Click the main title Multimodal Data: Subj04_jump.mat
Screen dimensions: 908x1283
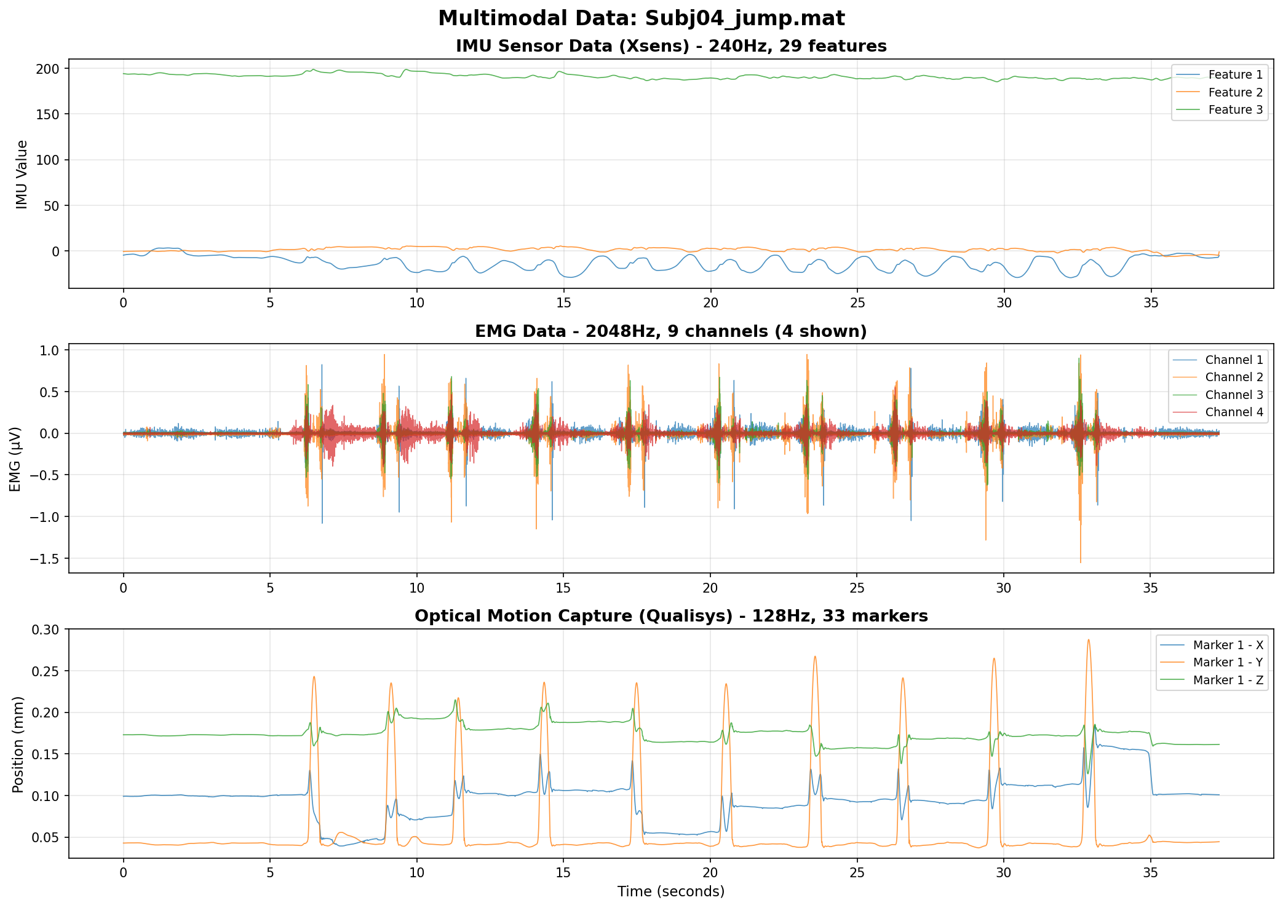641,18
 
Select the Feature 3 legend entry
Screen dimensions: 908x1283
1235,110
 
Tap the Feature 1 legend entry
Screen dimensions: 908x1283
1235,75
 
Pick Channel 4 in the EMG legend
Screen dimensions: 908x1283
1234,413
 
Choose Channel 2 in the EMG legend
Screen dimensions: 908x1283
1234,377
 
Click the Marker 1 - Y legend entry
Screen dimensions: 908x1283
1228,663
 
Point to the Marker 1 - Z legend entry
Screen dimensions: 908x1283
1228,681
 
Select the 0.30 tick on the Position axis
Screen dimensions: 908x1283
46,630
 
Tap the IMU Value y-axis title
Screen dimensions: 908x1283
22,175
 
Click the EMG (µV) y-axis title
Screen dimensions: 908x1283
16,459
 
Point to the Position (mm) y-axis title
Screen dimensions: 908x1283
18,744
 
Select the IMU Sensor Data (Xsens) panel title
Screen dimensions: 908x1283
671,47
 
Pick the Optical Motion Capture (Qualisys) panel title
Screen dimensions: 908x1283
671,617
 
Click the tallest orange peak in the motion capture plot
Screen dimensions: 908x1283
1088,640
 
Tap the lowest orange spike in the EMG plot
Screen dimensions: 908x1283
1081,562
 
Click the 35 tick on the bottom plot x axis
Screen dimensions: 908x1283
1150,873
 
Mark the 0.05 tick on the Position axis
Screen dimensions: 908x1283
46,838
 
